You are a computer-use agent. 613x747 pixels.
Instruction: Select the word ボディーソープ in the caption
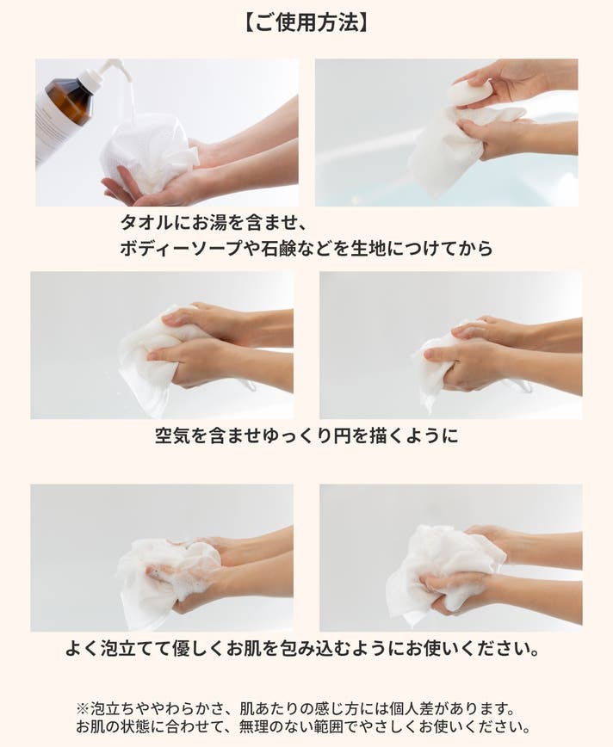(x=181, y=248)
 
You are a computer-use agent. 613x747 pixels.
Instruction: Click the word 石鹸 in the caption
(x=279, y=248)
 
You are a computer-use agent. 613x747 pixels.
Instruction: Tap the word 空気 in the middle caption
(x=173, y=435)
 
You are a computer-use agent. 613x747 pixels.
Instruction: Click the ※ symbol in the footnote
(x=84, y=709)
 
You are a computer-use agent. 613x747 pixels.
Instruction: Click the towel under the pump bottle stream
(x=148, y=152)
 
